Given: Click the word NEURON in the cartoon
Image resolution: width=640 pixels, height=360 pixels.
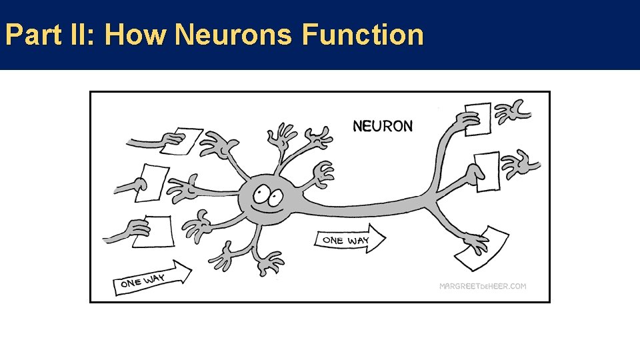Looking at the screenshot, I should [x=383, y=125].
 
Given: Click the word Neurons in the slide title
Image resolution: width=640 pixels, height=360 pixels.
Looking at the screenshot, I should [x=233, y=35].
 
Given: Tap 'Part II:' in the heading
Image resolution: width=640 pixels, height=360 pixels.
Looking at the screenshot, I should [x=51, y=35].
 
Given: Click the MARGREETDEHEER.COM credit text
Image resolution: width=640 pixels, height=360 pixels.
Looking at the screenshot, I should [x=483, y=286].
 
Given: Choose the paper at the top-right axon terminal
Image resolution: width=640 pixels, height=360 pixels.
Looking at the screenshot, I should [x=479, y=120].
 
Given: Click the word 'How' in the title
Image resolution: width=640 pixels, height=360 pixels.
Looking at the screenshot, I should [x=135, y=35].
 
